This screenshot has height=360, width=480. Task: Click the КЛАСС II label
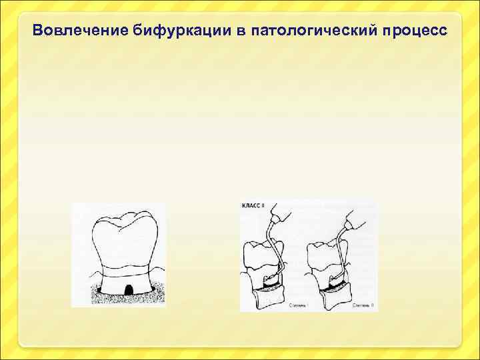tap(253, 207)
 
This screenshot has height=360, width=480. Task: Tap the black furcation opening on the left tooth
tap(126, 289)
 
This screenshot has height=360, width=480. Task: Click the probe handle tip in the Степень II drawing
tap(354, 214)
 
